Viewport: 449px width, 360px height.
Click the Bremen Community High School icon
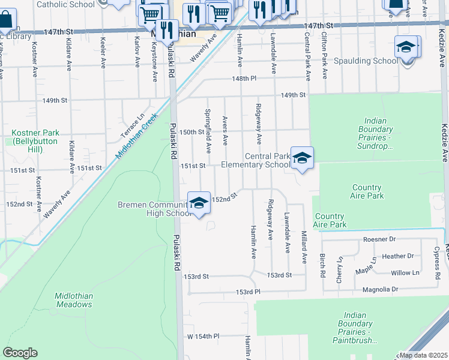pos(199,203)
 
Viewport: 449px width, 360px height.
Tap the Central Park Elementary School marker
pos(302,158)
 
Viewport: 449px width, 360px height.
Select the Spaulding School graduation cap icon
pos(406,47)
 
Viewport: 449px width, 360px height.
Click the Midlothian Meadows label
pos(73,300)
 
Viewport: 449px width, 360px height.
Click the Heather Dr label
pos(397,256)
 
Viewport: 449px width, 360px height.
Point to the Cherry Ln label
pos(340,263)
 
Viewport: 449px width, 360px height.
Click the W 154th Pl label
pos(203,337)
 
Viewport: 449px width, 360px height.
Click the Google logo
pos(20,353)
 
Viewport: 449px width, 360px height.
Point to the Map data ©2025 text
pos(423,355)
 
